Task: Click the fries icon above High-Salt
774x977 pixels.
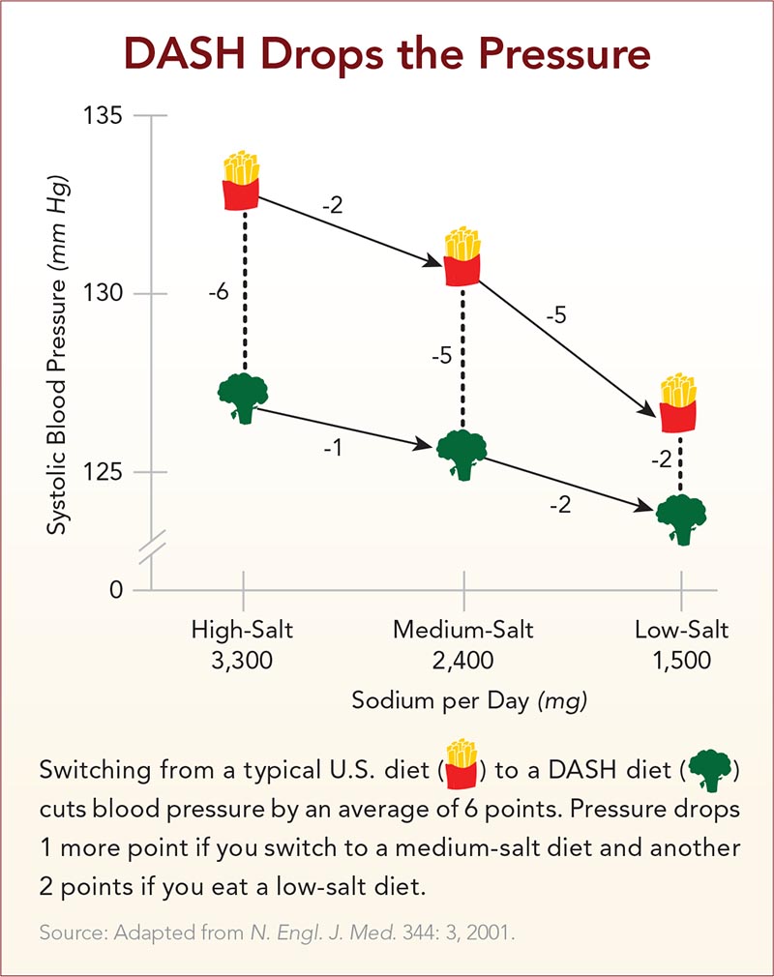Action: tap(241, 181)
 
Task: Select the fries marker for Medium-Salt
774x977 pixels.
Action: tap(462, 256)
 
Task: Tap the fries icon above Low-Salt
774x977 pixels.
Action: tap(679, 401)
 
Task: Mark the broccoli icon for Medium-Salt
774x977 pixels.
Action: tap(461, 453)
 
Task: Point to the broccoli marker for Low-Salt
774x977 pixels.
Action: tap(681, 519)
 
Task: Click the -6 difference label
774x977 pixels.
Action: tap(218, 291)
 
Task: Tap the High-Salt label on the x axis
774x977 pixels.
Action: tap(242, 631)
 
